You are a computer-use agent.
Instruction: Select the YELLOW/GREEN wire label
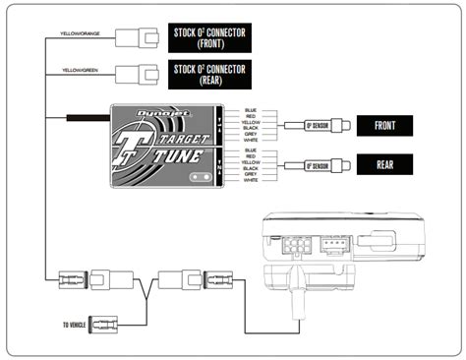pos(79,71)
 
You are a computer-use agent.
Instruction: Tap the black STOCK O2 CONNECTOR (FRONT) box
pos(209,37)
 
